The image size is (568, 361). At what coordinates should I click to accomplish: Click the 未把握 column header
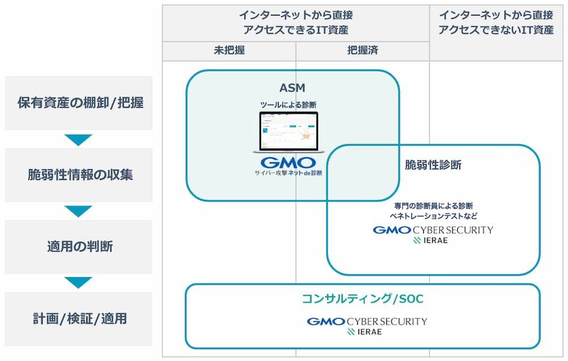[x=229, y=51]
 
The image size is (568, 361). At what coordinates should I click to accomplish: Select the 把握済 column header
[x=362, y=51]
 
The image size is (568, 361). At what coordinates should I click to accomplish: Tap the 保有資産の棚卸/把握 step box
[x=79, y=103]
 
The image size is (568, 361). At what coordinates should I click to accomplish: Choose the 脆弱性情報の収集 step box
[x=79, y=175]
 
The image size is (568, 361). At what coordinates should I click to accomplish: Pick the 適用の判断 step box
[x=79, y=247]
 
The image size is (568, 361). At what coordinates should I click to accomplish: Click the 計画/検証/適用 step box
[x=79, y=319]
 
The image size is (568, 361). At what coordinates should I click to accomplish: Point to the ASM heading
[x=292, y=87]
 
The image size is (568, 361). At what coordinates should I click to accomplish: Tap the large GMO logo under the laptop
[x=289, y=162]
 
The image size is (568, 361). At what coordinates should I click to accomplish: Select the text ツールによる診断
[x=289, y=104]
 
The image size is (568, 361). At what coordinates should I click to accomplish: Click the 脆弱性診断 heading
[x=433, y=165]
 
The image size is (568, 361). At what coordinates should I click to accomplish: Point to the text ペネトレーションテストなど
[x=433, y=216]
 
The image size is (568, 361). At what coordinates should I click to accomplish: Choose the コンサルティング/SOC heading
[x=362, y=299]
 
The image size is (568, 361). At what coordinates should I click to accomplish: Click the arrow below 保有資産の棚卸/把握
[x=78, y=140]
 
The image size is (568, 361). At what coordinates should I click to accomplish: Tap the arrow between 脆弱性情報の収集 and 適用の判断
[x=78, y=211]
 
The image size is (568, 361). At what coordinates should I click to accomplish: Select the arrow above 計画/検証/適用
[x=78, y=283]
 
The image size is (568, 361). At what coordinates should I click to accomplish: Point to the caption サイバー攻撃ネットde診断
[x=289, y=173]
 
